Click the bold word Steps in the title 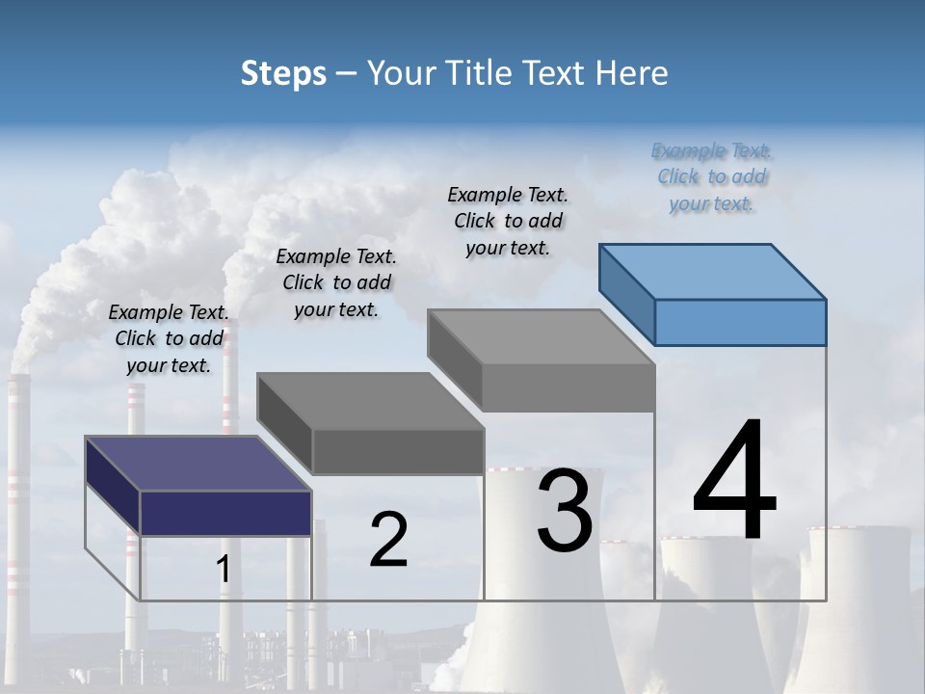283,73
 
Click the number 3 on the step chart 565,511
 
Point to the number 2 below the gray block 388,540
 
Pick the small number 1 223,570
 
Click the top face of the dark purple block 198,463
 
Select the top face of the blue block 713,270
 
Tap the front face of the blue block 740,322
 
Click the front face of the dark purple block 225,512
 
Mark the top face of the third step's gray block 541,336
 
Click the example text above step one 169,338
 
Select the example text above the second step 336,282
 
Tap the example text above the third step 508,221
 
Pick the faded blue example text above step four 712,176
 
